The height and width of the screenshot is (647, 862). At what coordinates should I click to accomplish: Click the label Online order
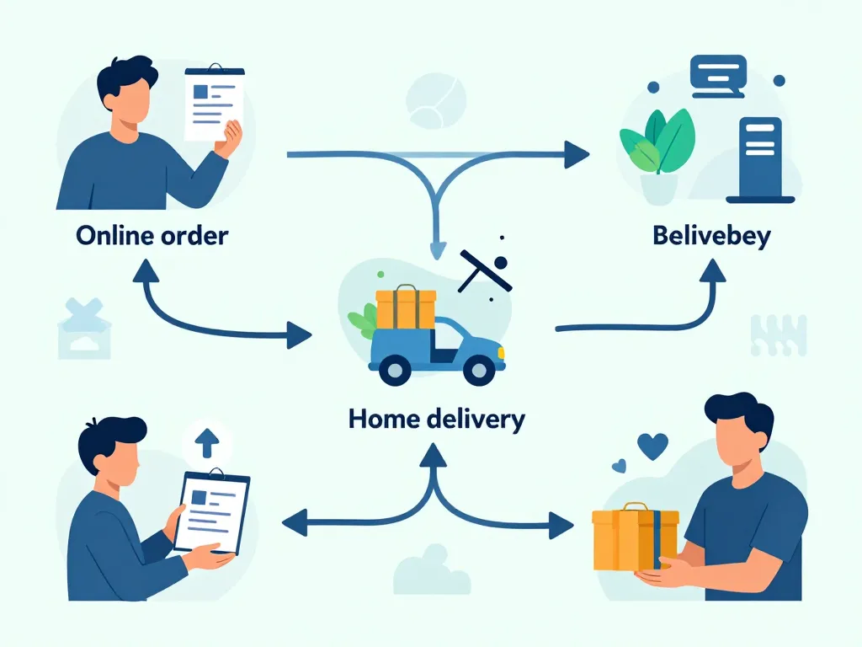pyautogui.click(x=152, y=234)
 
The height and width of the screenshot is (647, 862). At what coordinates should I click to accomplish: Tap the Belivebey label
pyautogui.click(x=711, y=235)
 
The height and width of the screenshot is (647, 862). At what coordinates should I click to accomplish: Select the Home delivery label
pyautogui.click(x=436, y=418)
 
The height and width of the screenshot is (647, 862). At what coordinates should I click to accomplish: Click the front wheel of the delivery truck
pyautogui.click(x=479, y=369)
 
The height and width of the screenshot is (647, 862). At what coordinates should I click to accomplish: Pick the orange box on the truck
pyautogui.click(x=406, y=308)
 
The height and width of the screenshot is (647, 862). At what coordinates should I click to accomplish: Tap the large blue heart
pyautogui.click(x=652, y=446)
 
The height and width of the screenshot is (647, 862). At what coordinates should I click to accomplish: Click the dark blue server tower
pyautogui.click(x=760, y=160)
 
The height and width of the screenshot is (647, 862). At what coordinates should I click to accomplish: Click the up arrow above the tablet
pyautogui.click(x=205, y=440)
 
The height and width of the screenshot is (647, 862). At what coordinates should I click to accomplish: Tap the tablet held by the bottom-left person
pyautogui.click(x=211, y=511)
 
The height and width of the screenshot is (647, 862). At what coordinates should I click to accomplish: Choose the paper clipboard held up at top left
pyautogui.click(x=213, y=103)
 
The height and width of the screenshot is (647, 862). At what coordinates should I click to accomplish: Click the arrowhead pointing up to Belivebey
pyautogui.click(x=713, y=271)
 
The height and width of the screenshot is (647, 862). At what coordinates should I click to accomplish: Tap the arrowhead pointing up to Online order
pyautogui.click(x=147, y=271)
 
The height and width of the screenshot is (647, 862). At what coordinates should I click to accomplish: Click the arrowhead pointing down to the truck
pyautogui.click(x=437, y=249)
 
